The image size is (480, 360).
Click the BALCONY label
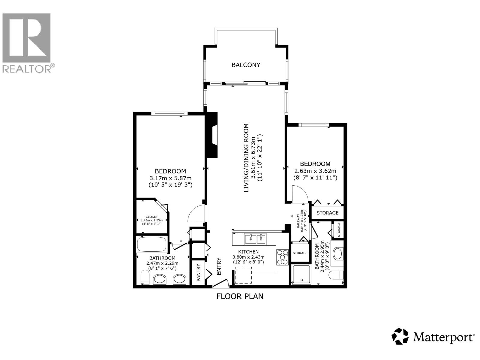tap(246, 65)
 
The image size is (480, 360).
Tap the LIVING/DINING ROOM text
tap(246, 158)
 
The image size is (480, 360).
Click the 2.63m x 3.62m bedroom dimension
tap(315, 171)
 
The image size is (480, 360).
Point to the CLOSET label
tap(151, 217)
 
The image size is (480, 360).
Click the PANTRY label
tap(199, 272)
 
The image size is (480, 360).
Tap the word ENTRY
tap(219, 266)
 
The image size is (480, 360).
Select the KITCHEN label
tap(248, 252)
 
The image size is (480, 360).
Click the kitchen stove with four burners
tap(282, 257)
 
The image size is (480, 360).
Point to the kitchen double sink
tap(255, 239)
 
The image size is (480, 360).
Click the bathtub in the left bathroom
tap(151, 244)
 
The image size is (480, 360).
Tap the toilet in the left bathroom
tap(145, 277)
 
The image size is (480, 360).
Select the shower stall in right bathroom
tap(302, 274)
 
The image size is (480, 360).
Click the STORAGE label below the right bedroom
tap(327, 213)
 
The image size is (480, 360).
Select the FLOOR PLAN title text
tap(240, 296)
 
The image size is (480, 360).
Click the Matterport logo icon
tap(400, 336)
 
